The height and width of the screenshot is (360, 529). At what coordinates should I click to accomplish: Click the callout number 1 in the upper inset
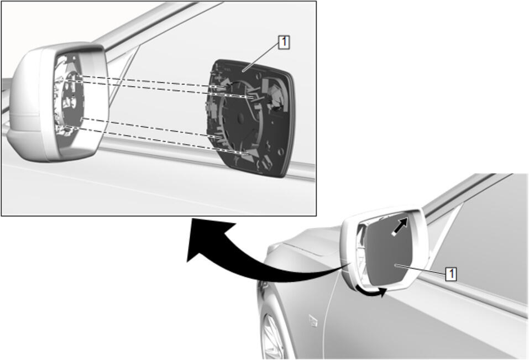(x=284, y=43)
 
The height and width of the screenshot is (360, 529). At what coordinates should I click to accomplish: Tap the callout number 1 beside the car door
(x=451, y=274)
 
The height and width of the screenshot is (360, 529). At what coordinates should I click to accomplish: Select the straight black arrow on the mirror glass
(x=400, y=226)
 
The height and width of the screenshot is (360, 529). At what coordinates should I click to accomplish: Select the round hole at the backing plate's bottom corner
(x=280, y=152)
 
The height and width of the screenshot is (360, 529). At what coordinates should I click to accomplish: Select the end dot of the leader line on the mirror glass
(x=396, y=265)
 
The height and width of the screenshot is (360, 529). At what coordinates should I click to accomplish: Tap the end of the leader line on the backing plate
(x=243, y=71)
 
